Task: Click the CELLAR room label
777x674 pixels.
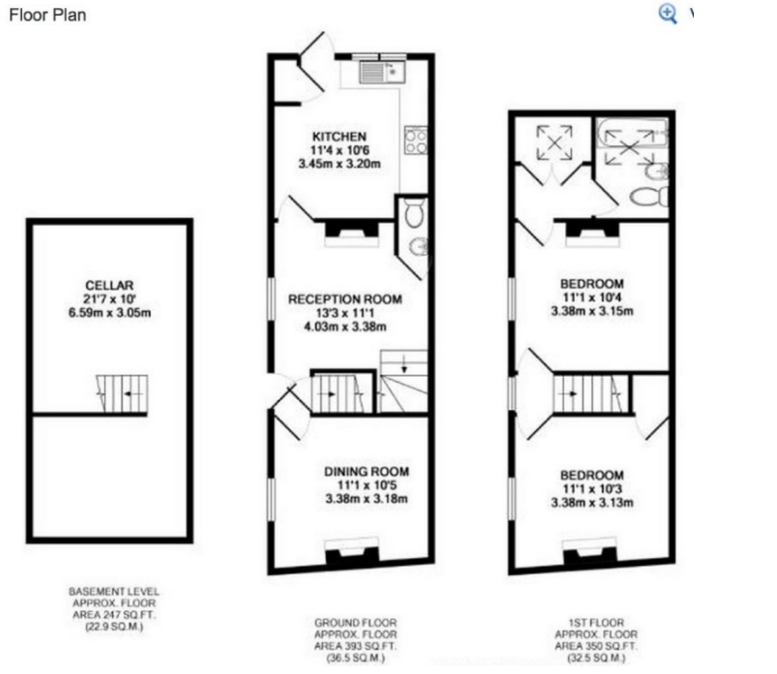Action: coord(110,285)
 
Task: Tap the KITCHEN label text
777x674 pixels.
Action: coord(339,136)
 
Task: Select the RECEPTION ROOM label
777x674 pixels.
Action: coord(345,299)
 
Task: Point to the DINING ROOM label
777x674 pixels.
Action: coord(367,471)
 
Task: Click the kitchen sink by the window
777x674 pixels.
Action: coord(382,72)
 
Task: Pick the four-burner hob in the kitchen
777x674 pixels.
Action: coord(416,140)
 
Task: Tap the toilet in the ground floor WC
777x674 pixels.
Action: coord(414,213)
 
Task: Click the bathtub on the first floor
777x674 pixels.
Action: coord(632,133)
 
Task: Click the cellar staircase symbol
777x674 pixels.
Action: coord(122,394)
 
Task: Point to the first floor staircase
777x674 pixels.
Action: coord(590,394)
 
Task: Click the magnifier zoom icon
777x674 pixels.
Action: coord(667,14)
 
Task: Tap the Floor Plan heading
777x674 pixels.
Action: coord(47,15)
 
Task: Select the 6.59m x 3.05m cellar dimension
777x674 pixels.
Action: coord(110,312)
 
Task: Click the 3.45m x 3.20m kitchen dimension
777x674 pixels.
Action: coord(339,163)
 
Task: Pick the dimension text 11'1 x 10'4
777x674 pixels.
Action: coord(592,297)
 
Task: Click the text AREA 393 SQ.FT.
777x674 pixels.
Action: coord(355,646)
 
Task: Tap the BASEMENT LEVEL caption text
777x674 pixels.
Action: coord(114,591)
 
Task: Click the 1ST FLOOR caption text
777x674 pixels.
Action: coord(596,622)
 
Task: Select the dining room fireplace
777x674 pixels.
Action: coord(352,552)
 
